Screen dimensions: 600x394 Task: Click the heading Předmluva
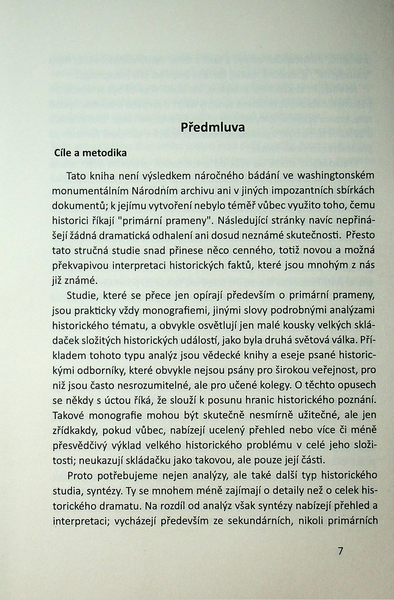point(213,127)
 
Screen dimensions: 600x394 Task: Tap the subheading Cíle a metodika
point(90,153)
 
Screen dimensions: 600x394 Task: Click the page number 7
point(340,551)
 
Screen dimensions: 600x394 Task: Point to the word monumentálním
point(91,191)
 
